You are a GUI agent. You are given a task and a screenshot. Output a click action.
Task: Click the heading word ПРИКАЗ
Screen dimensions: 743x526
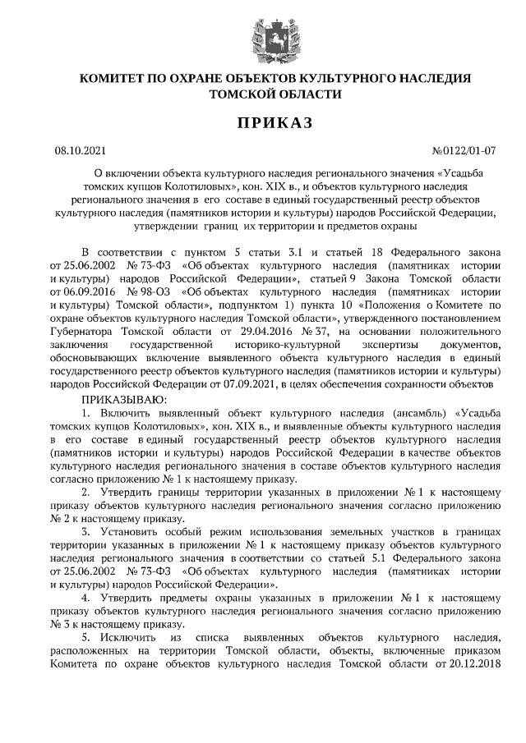click(x=275, y=124)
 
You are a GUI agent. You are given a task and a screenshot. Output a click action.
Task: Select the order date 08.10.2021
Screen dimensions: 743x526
click(x=80, y=150)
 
